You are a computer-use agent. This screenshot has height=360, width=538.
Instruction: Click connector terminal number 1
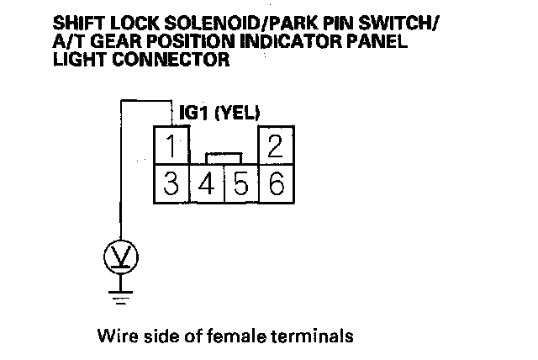pyautogui.click(x=171, y=146)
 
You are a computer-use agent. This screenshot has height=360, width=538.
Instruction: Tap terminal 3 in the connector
pyautogui.click(x=171, y=183)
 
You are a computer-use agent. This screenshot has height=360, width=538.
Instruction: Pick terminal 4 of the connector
pyautogui.click(x=206, y=183)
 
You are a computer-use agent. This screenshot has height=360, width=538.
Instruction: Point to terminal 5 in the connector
pyautogui.click(x=241, y=183)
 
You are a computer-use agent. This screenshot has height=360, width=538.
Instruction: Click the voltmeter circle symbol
pyautogui.click(x=123, y=255)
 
